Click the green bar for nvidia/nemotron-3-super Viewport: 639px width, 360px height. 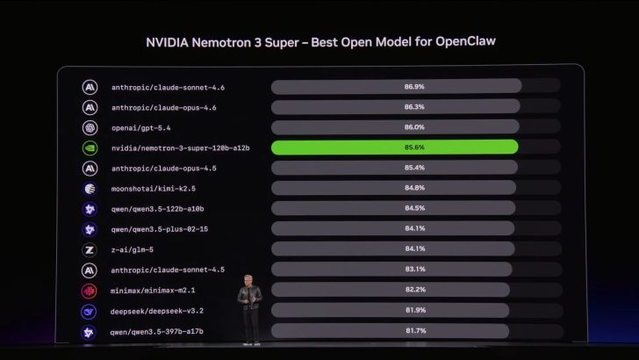[394, 148]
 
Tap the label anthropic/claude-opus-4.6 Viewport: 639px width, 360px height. [164, 107]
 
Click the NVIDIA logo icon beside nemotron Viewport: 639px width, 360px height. [89, 148]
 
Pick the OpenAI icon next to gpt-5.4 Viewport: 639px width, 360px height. [89, 127]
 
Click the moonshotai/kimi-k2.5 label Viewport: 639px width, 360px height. [153, 188]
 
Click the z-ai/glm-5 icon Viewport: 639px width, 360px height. [89, 249]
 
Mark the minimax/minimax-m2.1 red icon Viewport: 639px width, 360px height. [89, 290]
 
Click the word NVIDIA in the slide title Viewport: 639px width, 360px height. [171, 41]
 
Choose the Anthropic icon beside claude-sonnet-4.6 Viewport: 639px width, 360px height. [89, 87]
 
